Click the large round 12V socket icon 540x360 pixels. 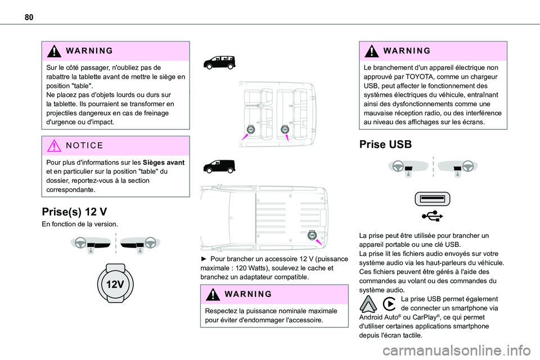coord(115,283)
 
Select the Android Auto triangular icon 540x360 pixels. coord(367,304)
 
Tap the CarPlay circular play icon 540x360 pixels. coord(388,304)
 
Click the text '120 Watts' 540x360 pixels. coord(255,268)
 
